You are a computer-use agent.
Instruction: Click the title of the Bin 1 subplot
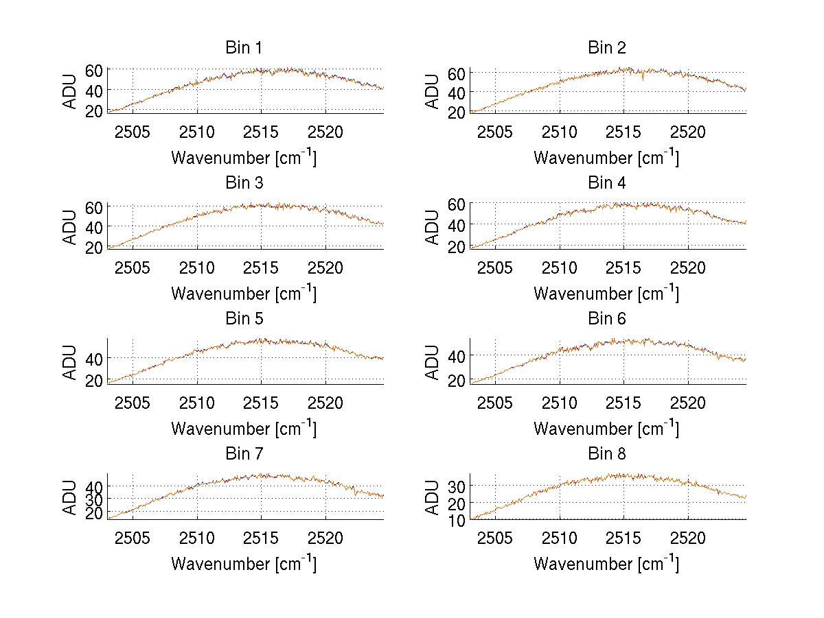244,48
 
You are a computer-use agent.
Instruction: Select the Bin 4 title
607,183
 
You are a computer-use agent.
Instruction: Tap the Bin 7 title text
244,454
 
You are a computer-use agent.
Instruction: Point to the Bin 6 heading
607,319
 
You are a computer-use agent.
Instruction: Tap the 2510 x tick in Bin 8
560,537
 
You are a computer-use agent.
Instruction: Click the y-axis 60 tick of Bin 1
94,70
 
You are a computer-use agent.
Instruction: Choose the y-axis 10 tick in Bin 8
457,520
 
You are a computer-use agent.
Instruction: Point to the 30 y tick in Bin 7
94,499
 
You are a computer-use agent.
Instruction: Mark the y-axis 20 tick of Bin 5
94,381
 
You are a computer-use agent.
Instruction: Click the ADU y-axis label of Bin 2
433,91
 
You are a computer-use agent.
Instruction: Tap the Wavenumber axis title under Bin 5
244,429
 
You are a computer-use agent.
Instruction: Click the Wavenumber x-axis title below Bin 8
606,564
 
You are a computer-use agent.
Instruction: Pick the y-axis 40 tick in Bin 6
457,355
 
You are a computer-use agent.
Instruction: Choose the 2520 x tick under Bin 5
325,402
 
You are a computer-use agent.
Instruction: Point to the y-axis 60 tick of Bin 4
457,204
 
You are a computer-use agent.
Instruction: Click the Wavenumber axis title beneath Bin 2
606,158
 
